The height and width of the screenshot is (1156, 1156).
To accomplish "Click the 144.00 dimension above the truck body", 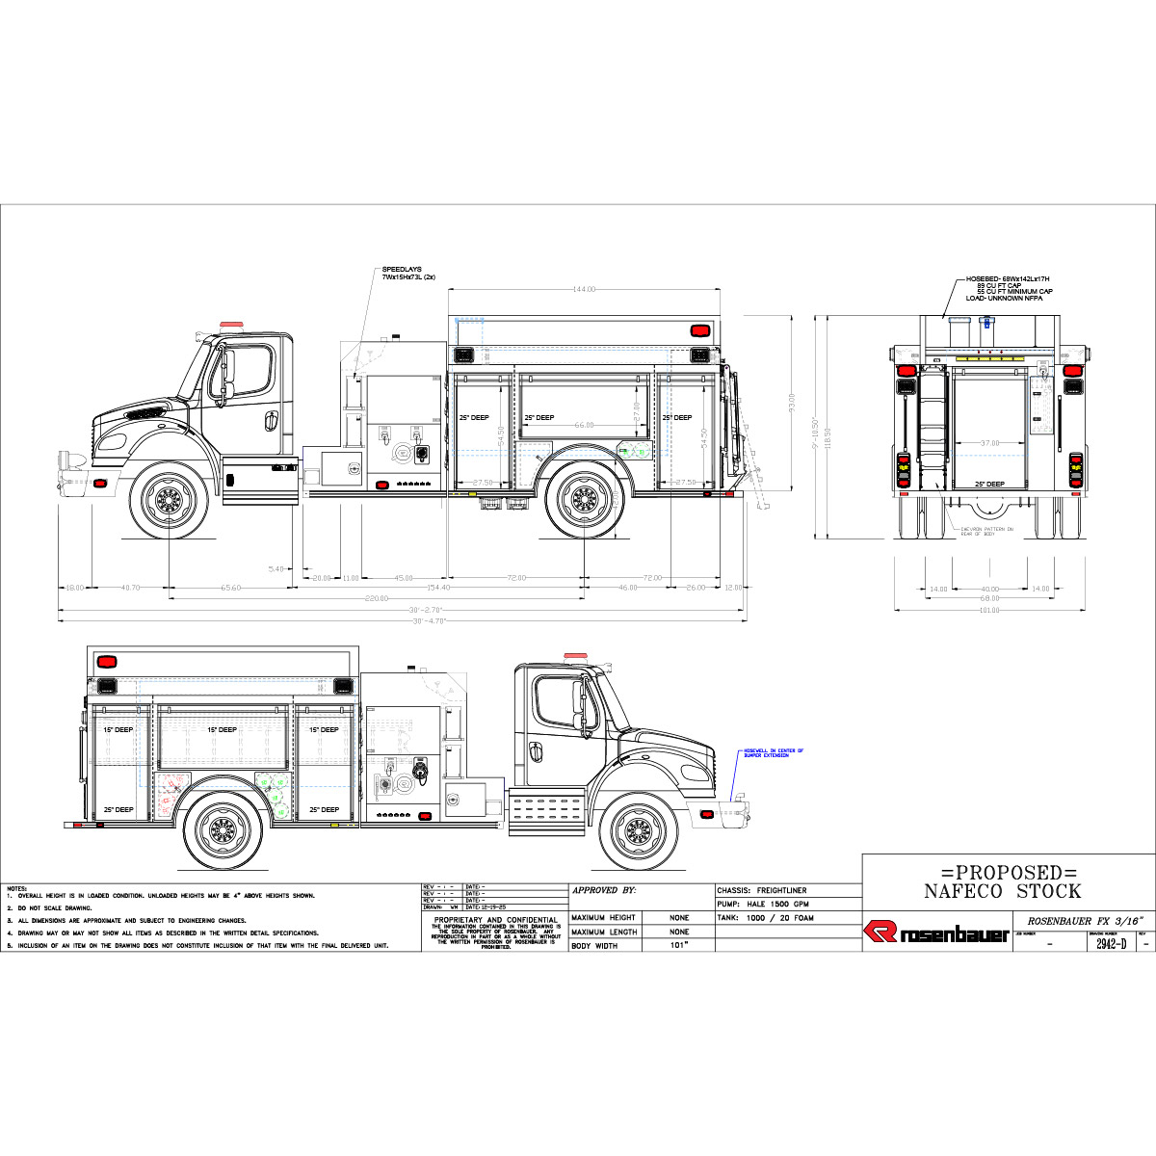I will [x=584, y=289].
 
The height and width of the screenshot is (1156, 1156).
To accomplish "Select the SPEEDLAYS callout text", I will [x=408, y=273].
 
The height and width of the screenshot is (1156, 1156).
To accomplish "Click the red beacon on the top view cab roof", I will [x=231, y=325].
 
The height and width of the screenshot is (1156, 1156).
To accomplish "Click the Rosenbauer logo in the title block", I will [x=935, y=933].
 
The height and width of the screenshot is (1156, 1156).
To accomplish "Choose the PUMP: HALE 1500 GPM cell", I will [x=763, y=905].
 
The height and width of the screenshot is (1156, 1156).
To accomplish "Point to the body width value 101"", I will [x=678, y=946].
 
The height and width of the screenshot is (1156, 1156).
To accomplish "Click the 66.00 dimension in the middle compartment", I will [x=584, y=425].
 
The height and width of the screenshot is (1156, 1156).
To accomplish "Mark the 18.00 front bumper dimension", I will [x=73, y=587].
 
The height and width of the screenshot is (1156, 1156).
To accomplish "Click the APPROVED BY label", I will [x=603, y=891].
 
